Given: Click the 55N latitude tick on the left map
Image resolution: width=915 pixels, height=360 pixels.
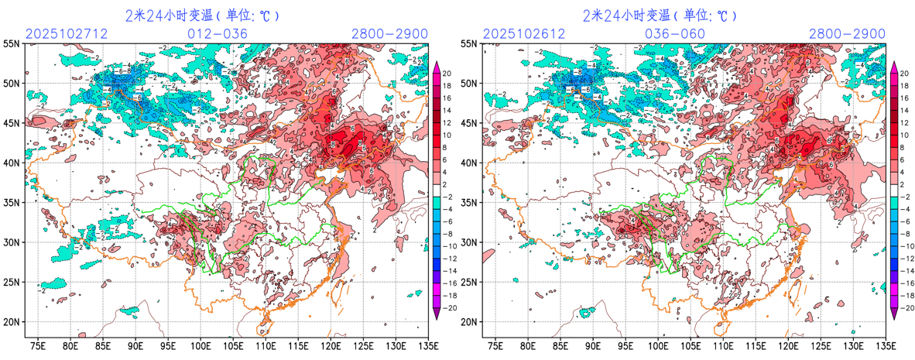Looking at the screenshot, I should [x=12, y=43].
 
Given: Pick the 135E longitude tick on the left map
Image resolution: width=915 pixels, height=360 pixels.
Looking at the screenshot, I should [x=427, y=345].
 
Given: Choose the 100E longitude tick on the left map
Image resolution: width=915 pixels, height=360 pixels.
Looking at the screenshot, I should [x=201, y=345].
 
